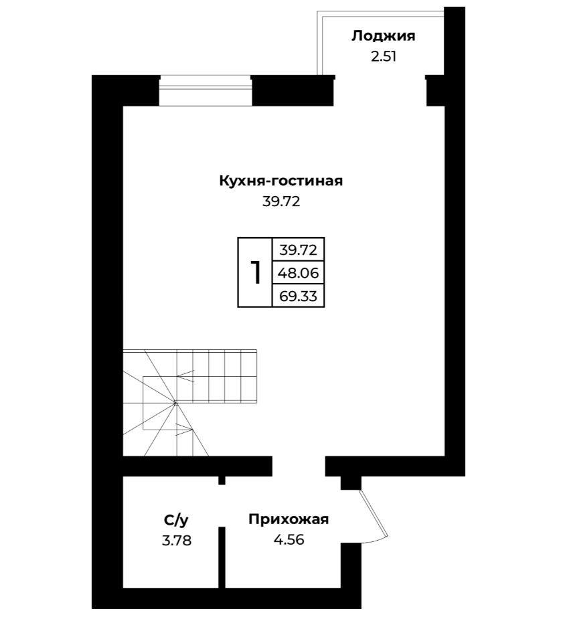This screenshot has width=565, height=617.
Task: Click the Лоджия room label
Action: point(383,36)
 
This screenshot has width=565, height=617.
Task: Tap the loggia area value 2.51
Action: point(383,57)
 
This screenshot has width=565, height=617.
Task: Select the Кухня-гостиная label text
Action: point(280,181)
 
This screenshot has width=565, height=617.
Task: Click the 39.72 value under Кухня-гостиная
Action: point(280,201)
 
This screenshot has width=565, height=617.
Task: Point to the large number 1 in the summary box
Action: point(256,272)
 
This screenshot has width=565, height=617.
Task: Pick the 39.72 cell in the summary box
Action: point(298,250)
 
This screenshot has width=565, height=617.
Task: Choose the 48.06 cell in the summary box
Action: point(298,272)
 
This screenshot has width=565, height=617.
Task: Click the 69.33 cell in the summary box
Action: point(298,296)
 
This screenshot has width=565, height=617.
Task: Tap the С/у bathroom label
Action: point(176,520)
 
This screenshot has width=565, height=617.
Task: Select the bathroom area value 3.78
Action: point(176,540)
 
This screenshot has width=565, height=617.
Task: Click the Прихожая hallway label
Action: point(289,519)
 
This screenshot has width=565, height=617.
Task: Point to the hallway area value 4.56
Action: point(289,539)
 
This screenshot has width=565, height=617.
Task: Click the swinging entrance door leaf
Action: point(374,513)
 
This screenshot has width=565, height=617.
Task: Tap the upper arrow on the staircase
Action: point(185,376)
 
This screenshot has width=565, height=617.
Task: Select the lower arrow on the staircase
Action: point(184,430)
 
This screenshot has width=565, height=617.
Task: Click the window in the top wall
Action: point(205,90)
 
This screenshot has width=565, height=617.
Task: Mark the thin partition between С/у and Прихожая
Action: point(222,557)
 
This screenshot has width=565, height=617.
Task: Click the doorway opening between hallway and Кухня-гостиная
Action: point(299,466)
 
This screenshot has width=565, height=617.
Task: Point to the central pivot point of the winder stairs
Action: point(175,403)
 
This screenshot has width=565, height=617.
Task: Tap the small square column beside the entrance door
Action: point(350,482)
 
